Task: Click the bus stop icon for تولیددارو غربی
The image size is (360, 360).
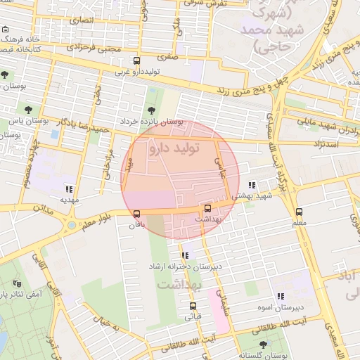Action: (x=136, y=60)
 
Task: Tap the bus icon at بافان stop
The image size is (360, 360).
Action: (x=136, y=213)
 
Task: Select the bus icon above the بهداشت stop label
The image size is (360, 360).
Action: (x=207, y=208)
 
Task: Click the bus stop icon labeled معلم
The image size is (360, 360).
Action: (x=299, y=212)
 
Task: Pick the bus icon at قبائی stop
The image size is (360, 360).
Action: (x=193, y=306)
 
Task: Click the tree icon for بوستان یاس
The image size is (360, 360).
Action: (x=28, y=110)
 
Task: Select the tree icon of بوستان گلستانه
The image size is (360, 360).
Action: (x=263, y=344)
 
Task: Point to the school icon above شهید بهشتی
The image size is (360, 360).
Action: (x=252, y=184)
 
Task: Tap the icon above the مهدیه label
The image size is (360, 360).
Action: (x=68, y=188)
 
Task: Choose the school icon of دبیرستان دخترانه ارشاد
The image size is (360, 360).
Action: (x=184, y=255)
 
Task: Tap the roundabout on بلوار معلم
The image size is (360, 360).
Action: (x=71, y=226)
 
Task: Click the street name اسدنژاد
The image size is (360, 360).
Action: (x=323, y=143)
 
